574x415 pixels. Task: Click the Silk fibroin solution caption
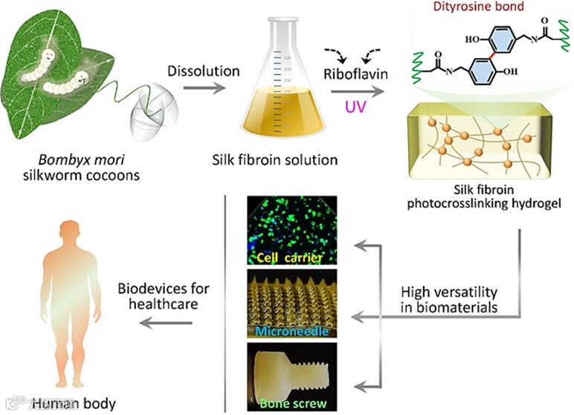(285, 160)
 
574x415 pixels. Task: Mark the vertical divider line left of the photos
(225, 297)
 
